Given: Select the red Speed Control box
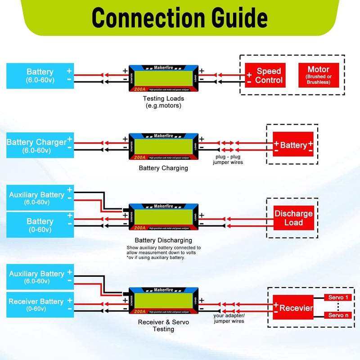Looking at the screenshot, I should coord(265,76).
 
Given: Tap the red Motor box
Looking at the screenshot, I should coord(318,75).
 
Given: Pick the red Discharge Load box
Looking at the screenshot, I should coord(293,218).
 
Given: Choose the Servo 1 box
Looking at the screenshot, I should coord(338,297).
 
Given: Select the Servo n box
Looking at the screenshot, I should coord(338,315).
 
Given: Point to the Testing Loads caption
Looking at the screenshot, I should coord(163,102).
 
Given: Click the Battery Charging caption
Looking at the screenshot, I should coord(163,168).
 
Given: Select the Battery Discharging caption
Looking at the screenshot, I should coord(163,240).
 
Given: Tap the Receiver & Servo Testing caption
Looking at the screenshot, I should coord(163,325).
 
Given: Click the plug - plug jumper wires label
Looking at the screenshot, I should coord(228,159).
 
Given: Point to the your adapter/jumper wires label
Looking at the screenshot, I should coord(229,318).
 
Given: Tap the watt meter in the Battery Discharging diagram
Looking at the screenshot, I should coord(163,217).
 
